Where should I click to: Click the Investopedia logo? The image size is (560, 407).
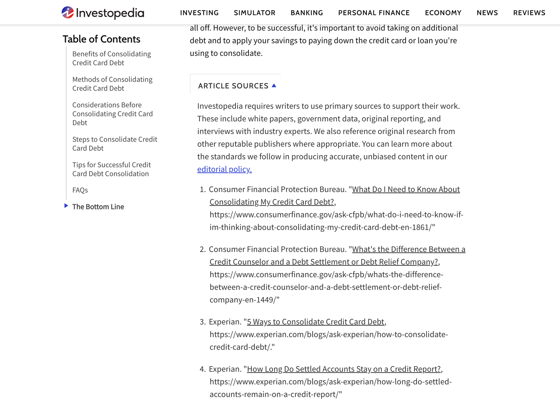103,13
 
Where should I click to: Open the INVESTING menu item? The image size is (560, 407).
199,13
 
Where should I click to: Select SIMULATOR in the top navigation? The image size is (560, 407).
255,13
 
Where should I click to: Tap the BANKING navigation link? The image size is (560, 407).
307,13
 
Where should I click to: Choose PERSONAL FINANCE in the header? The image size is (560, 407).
374,13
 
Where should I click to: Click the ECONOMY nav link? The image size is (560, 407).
443,13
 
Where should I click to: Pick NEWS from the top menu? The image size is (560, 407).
487,13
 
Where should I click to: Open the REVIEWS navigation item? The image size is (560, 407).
529,13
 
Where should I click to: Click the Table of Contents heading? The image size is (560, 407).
101,39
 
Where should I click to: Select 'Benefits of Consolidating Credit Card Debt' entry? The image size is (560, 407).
111,58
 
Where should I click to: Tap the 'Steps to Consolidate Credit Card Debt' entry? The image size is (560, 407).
115,144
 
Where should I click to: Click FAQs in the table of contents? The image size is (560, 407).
80,190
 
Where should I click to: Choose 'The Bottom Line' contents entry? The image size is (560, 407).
98,207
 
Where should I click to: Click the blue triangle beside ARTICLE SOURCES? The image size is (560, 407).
274,85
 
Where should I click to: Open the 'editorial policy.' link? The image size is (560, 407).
224,169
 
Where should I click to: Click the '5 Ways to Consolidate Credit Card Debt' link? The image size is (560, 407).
315,322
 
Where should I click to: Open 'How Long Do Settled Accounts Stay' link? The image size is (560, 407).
344,369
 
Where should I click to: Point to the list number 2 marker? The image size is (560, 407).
202,249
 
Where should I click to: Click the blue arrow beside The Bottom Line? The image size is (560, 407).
66,206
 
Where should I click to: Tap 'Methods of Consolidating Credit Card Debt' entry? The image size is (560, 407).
112,84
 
